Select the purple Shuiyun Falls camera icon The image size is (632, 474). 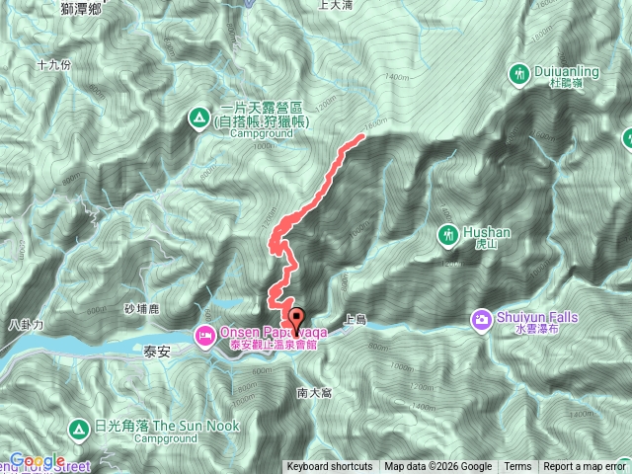pos(481,318)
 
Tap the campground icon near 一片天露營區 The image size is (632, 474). pos(198,119)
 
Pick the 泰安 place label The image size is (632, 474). pos(158,352)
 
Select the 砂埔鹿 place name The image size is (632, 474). pos(141,309)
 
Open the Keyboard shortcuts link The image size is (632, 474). pos(330,467)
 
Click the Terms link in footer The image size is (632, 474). pos(517,467)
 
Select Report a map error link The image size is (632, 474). pos(585,467)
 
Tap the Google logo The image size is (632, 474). pos(38,461)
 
